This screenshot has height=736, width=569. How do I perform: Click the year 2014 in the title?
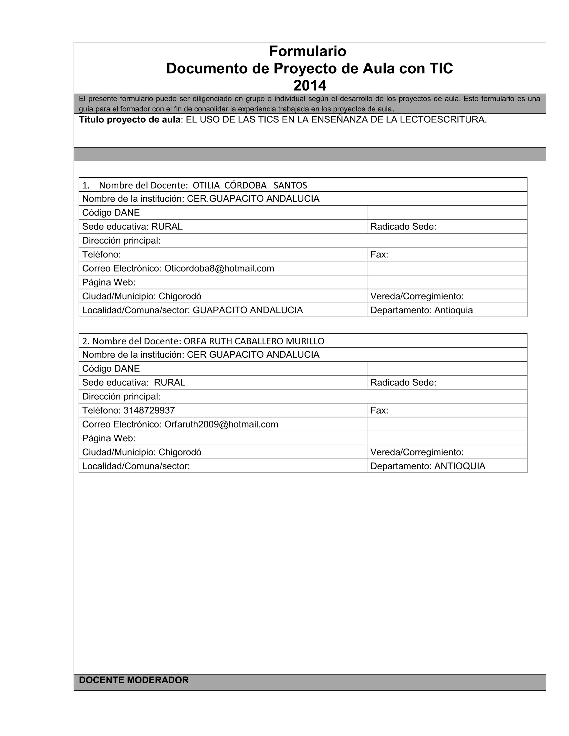[310, 86]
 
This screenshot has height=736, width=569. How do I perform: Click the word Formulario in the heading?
[308, 51]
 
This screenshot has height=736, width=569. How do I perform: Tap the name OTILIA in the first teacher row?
[206, 185]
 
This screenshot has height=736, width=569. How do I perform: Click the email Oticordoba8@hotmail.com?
[219, 269]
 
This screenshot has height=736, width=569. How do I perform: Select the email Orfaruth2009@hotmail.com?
[221, 424]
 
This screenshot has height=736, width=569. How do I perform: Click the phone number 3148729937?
[149, 410]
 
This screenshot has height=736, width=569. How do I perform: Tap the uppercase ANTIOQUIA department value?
[460, 466]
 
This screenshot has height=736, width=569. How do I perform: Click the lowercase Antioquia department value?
[453, 311]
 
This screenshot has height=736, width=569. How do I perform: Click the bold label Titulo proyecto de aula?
[130, 120]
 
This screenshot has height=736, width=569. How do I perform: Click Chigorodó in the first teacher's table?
[180, 297]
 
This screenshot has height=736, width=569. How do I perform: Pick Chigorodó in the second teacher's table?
[180, 452]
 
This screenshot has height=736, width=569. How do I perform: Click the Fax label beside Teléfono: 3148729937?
[379, 410]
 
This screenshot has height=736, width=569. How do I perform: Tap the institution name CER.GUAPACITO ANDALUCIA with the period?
[253, 199]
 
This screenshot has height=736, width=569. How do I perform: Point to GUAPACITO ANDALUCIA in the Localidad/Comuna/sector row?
[248, 311]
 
